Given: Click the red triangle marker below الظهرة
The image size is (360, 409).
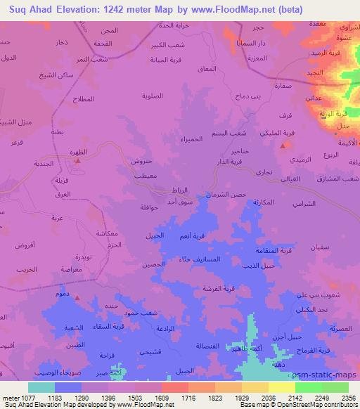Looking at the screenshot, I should (x=77, y=160).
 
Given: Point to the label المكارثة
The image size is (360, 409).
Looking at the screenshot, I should (x=262, y=202).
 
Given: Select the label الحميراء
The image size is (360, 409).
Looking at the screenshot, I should (x=210, y=138).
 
